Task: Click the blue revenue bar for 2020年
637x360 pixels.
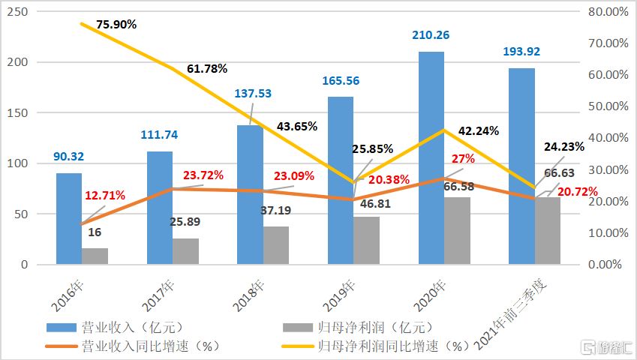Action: coord(431,158)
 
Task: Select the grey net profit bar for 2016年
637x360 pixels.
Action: coord(95,256)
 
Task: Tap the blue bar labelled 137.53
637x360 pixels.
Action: coord(250,195)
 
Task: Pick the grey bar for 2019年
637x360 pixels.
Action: coord(366,241)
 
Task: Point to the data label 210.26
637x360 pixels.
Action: coord(431,34)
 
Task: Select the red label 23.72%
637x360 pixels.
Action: coord(203,175)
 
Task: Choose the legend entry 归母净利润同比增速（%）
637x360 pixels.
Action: coord(393,346)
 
